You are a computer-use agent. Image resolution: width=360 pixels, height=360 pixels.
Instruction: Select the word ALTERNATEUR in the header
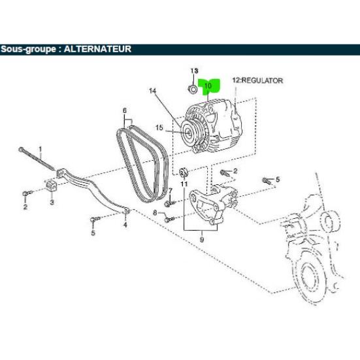(x=97, y=49)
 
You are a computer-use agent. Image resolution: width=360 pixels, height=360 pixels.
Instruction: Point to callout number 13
(x=194, y=71)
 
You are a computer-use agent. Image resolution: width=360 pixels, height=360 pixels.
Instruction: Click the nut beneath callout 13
(x=192, y=90)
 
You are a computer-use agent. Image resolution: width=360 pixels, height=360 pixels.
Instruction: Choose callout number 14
(x=152, y=91)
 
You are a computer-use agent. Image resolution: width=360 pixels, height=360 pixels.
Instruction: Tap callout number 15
(x=159, y=127)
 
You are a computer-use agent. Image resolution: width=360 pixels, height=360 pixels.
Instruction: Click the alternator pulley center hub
(x=188, y=133)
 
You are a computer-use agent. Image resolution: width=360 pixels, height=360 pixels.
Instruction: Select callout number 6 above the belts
(x=125, y=110)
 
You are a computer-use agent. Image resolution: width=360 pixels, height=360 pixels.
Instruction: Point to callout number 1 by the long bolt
(x=41, y=149)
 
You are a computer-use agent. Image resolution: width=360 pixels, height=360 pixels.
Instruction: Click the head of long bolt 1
(x=21, y=149)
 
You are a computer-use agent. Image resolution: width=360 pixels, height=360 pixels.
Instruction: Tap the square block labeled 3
(x=51, y=186)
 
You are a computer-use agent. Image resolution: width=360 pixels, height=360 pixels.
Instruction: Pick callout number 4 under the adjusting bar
(x=125, y=224)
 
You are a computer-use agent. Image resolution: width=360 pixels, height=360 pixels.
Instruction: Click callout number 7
(x=171, y=191)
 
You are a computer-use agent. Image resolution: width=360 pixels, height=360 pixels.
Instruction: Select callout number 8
(x=155, y=212)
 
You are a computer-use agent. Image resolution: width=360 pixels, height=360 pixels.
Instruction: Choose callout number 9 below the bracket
(x=202, y=240)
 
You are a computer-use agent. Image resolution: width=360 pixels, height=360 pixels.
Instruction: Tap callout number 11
(x=184, y=184)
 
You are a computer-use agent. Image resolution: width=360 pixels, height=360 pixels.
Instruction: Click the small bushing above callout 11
(x=184, y=172)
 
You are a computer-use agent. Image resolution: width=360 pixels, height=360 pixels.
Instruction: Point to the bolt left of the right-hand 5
(x=266, y=181)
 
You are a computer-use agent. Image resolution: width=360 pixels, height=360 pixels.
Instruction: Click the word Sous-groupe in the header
(x=28, y=50)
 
